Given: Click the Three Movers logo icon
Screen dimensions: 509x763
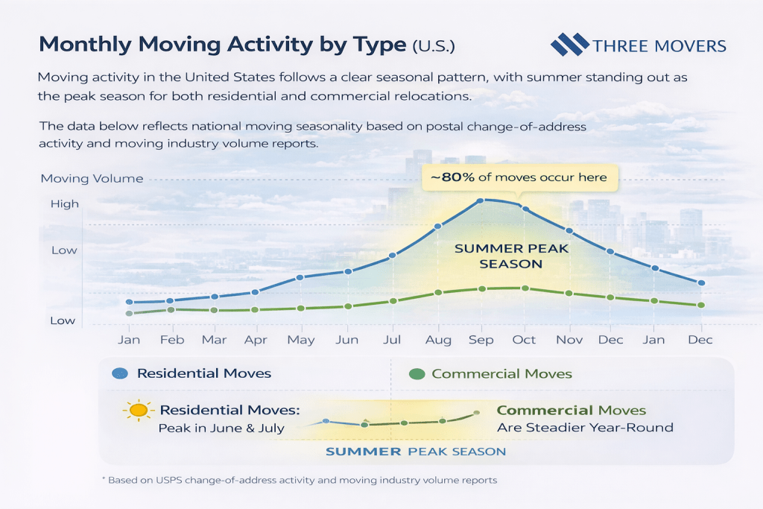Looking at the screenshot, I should click(569, 45).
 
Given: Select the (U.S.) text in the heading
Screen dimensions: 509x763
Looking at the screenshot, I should click(433, 46).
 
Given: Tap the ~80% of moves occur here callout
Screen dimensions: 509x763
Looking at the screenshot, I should click(515, 177).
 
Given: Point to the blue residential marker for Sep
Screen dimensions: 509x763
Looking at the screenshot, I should click(481, 200).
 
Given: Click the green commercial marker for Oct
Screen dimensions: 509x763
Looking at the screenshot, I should click(525, 288).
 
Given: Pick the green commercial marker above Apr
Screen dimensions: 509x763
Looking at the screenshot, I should click(256, 309).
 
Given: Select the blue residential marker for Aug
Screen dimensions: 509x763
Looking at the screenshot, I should click(438, 226).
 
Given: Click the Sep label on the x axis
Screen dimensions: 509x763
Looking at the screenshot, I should click(481, 340).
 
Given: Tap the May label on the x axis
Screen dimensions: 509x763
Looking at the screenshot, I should click(300, 340).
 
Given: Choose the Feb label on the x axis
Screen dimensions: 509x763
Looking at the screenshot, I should click(172, 340).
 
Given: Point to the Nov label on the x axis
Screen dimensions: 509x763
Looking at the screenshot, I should click(569, 340).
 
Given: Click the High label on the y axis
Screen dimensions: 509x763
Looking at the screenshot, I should click(64, 204).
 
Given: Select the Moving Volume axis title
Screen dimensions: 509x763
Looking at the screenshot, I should click(92, 179).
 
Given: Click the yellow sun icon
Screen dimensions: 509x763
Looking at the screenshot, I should click(138, 410).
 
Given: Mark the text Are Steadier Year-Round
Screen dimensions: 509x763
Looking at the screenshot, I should click(585, 428).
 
